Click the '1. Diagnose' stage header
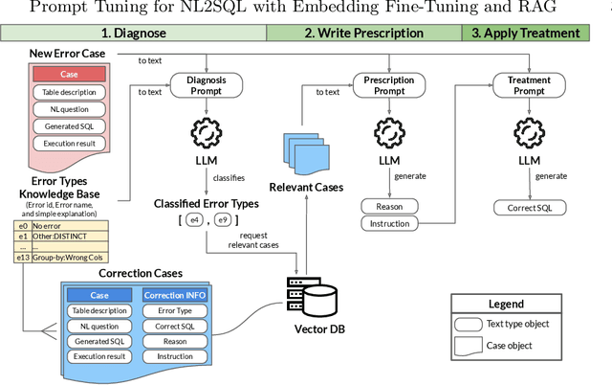tap(133, 34)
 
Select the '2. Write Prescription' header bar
tap(362, 34)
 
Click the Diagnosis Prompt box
tap(208, 86)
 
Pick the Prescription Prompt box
tap(389, 86)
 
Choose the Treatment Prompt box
tap(529, 86)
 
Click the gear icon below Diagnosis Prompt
tap(208, 131)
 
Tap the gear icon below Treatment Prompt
tap(529, 131)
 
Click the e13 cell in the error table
tap(23, 257)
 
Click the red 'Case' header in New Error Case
tap(70, 74)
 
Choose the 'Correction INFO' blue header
tap(175, 295)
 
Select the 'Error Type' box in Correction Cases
tap(175, 310)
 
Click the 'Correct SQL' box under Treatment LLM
tap(529, 207)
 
